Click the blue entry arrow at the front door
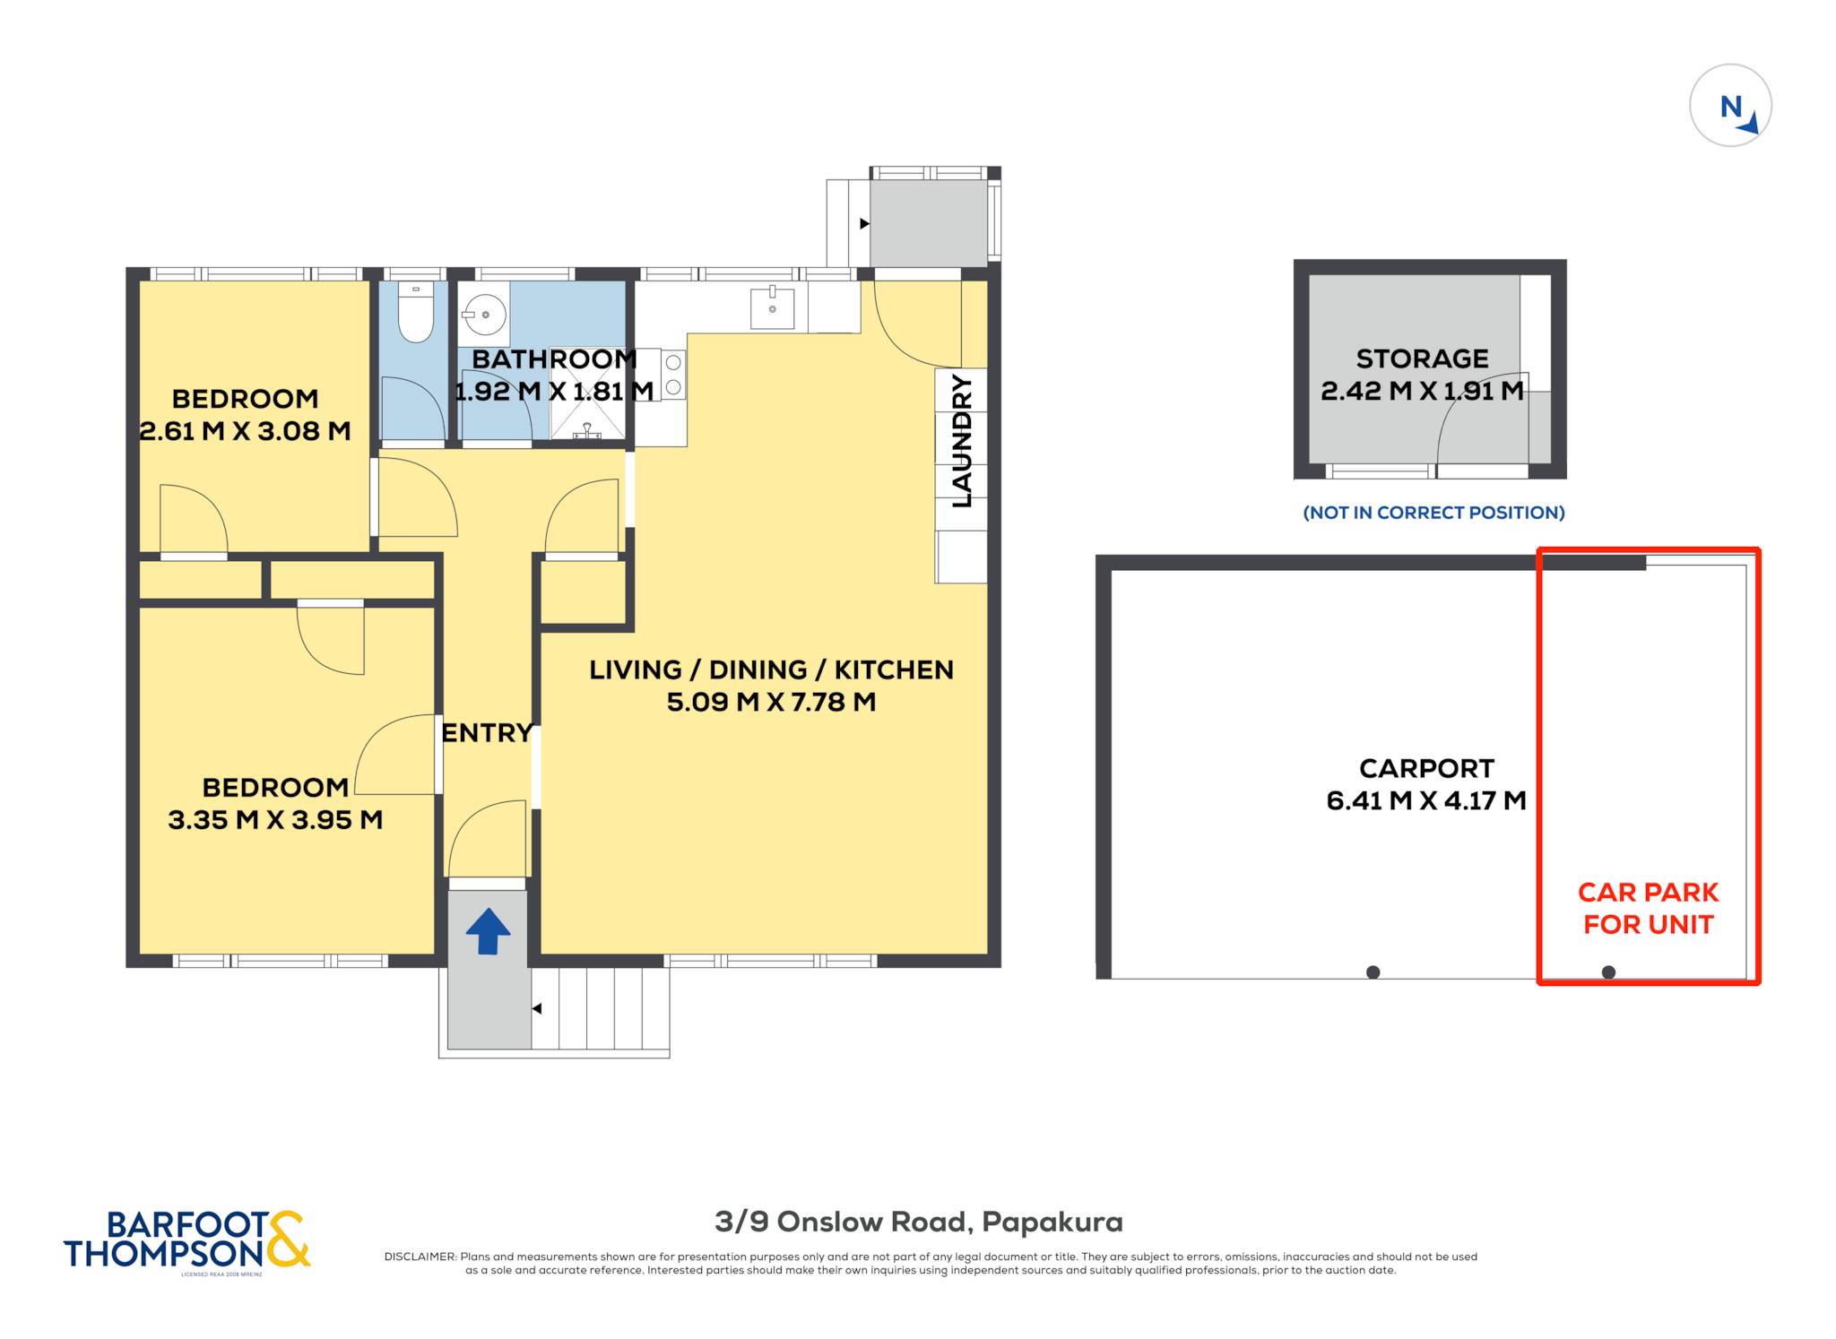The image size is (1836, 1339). click(488, 931)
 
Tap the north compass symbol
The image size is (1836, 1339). click(1730, 105)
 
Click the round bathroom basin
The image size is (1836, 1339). click(485, 315)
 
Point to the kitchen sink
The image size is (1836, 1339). click(772, 307)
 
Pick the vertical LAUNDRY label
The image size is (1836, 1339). click(962, 441)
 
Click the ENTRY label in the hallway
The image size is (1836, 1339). click(487, 733)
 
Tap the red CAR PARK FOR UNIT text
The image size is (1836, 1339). click(1648, 908)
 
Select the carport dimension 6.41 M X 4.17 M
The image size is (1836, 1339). click(1426, 800)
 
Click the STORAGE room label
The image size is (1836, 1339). click(1422, 359)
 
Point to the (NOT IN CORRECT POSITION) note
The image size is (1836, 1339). click(1433, 513)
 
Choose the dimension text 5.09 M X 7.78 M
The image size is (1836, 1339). click(771, 702)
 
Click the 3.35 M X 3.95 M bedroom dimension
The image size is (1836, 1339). click(275, 820)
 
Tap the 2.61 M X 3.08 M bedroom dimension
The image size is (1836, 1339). click(245, 431)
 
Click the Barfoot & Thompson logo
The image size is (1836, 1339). click(187, 1240)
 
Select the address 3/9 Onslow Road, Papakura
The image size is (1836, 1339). click(919, 1222)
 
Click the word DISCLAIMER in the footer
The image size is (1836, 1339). click(420, 1257)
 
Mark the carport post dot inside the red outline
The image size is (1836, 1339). click(1608, 972)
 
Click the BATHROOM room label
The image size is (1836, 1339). click(554, 359)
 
